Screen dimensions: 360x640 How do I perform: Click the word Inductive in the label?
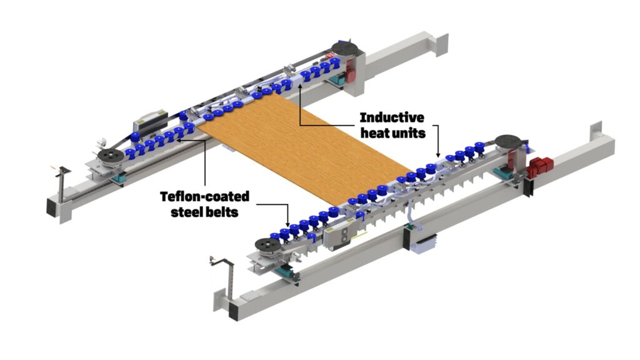click(392, 117)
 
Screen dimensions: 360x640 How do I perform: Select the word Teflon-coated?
click(205, 197)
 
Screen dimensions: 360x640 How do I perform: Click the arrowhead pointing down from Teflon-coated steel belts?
click(287, 223)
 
